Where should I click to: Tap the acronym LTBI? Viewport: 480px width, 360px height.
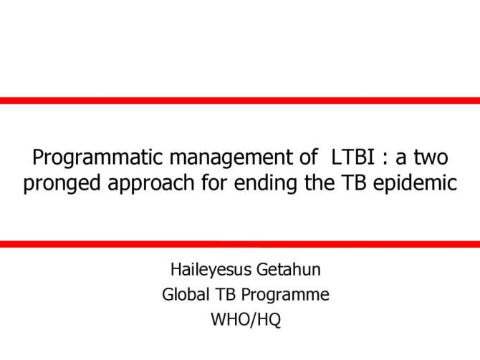tap(351, 156)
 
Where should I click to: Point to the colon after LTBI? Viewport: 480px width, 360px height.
tap(380, 157)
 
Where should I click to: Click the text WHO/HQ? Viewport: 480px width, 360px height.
tap(246, 319)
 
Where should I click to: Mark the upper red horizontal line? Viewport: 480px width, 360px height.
tap(240, 100)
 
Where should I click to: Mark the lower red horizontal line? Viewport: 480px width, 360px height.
tap(240, 244)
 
